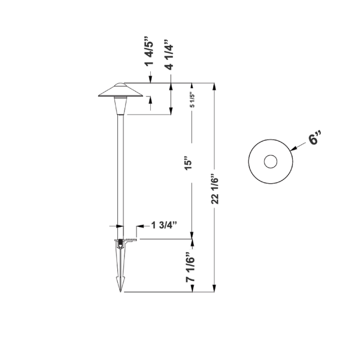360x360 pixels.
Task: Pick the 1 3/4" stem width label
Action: coord(164,225)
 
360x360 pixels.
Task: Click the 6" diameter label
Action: coord(316,139)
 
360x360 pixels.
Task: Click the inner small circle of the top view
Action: coord(270,162)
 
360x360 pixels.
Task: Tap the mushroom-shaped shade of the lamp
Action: coord(119,91)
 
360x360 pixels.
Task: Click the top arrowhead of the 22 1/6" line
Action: coord(214,86)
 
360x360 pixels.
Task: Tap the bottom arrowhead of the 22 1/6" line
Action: coord(214,289)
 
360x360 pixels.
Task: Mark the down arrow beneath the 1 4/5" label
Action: coord(150,79)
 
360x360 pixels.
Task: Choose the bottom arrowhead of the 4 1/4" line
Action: coord(171,112)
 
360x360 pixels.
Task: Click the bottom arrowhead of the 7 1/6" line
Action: coord(192,289)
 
